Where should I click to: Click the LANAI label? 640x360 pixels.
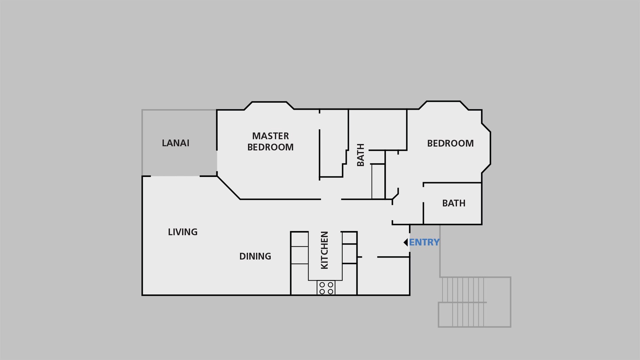coord(175,143)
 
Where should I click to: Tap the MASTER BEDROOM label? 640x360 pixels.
coord(270,141)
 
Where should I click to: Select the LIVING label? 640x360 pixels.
coord(183,232)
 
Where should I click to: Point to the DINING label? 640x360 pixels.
coord(255,256)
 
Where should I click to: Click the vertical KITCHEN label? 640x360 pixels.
coord(324,250)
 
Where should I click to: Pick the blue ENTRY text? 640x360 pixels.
coord(424,242)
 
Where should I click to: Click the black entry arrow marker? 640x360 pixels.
coord(406,242)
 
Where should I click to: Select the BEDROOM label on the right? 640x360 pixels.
coord(450,143)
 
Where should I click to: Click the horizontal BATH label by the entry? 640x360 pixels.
coord(454,203)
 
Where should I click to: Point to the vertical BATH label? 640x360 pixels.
coord(361,155)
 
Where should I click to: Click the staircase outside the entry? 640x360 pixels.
coord(474,302)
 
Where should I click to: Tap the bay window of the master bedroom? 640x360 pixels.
coord(269,105)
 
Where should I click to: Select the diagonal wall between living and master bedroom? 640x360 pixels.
coord(229,188)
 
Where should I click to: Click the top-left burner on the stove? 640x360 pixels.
coord(322,285)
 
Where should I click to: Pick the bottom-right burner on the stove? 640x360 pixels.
coord(330,292)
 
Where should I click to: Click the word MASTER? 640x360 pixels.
coord(270,136)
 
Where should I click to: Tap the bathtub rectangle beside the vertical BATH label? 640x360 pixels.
coord(378,182)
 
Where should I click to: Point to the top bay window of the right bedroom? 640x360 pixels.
coord(444,105)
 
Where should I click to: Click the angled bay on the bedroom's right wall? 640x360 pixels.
coord(486,148)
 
